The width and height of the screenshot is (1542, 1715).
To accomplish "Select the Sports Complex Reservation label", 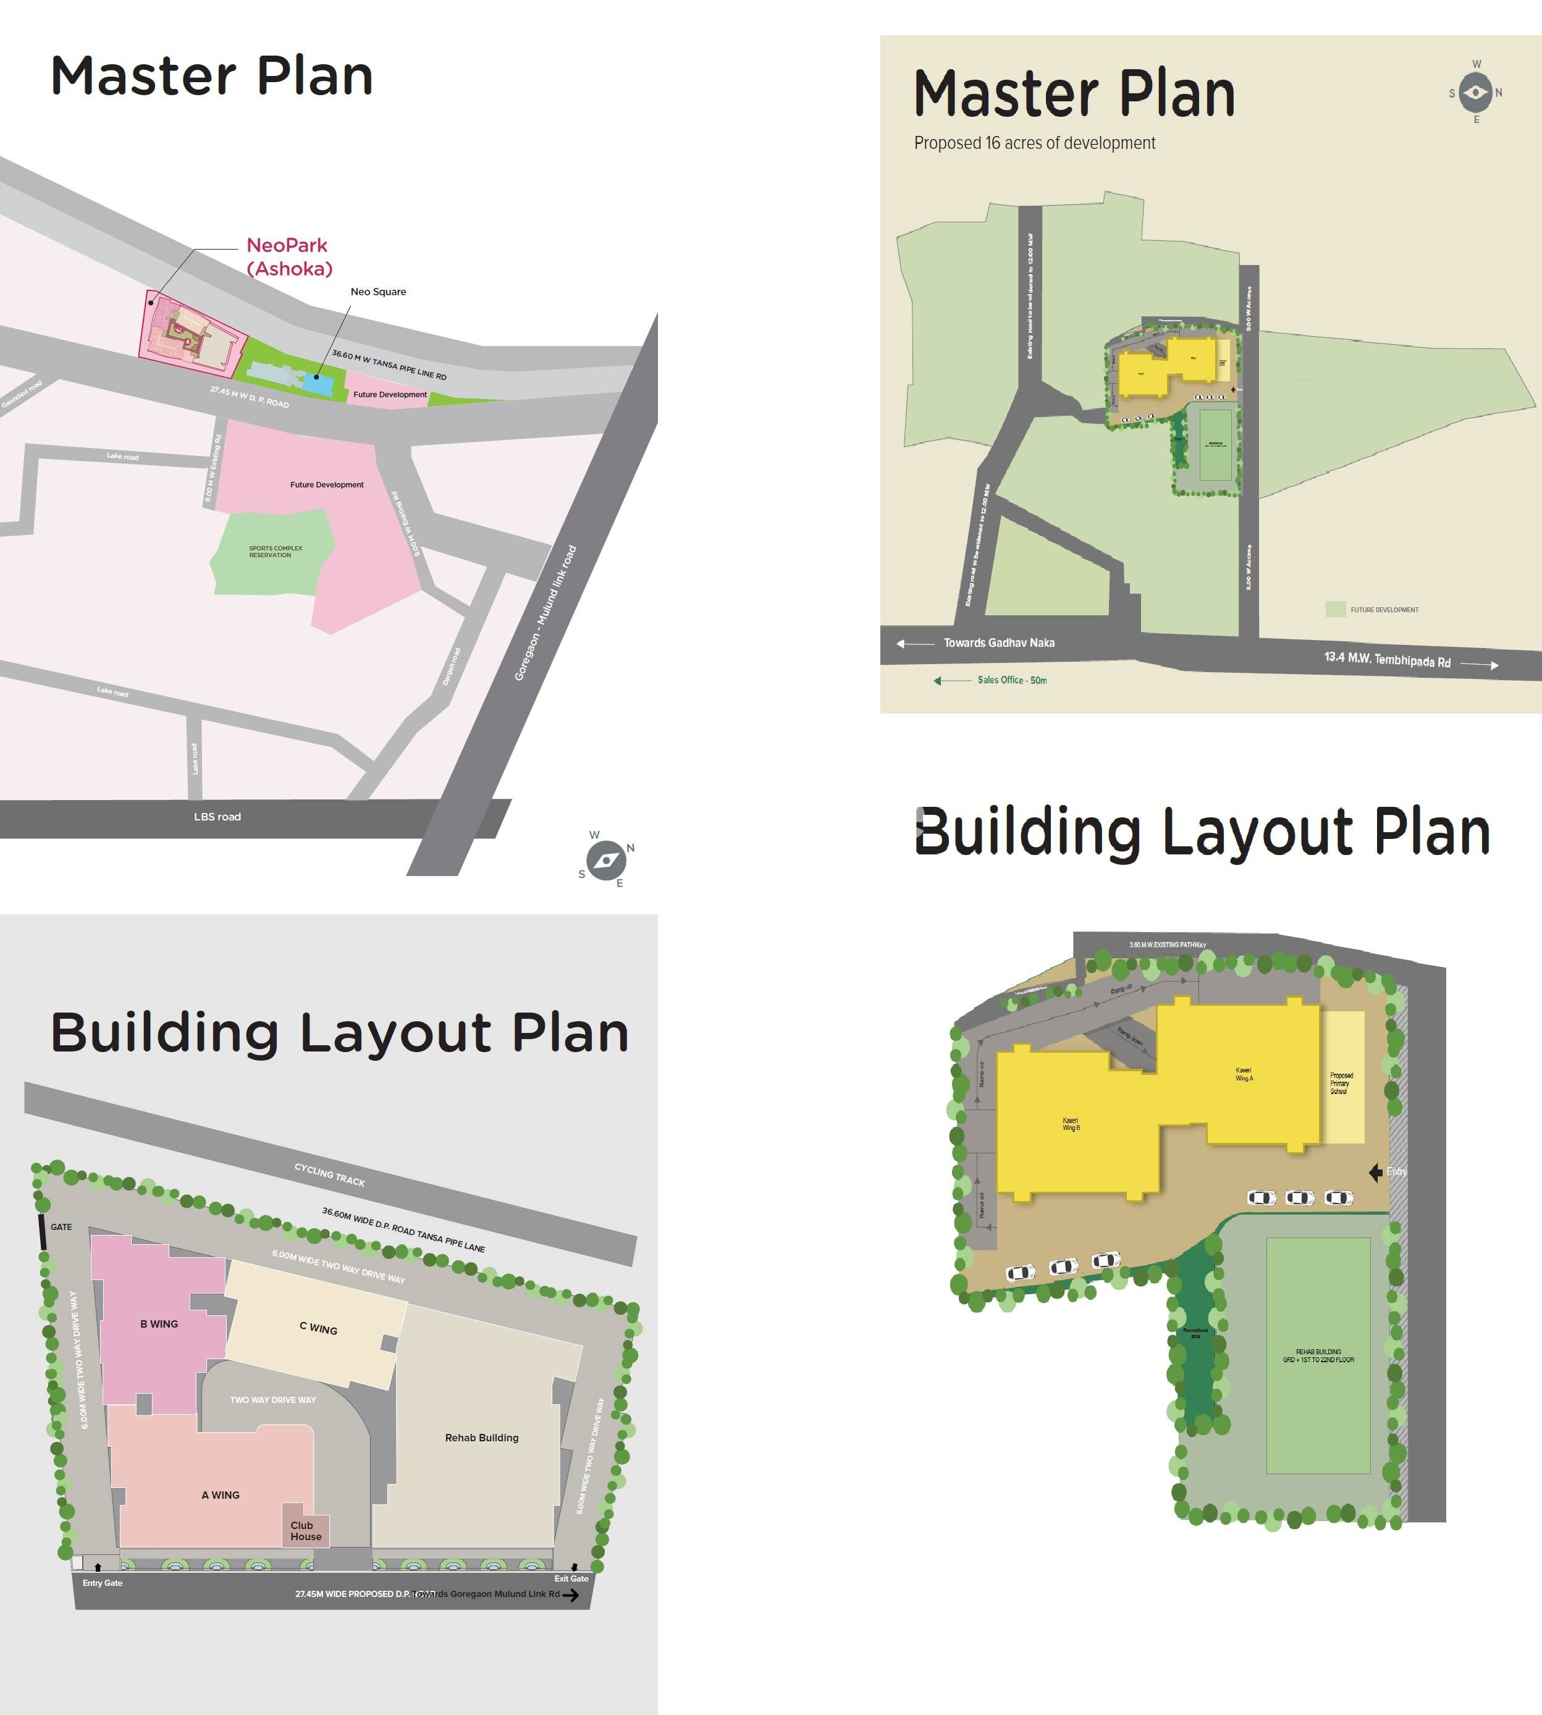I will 276,552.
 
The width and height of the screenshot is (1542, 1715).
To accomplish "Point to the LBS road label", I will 217,817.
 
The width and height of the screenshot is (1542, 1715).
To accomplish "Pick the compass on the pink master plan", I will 607,861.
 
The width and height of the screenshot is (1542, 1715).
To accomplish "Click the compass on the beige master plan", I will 1476,92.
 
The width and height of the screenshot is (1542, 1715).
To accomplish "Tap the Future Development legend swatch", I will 1335,609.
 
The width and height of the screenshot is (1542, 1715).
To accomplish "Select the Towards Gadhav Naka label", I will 999,643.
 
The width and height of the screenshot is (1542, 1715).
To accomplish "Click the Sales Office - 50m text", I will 1011,680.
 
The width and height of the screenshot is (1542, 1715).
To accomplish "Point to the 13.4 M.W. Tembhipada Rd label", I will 1387,660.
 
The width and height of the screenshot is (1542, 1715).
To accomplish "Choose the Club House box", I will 305,1530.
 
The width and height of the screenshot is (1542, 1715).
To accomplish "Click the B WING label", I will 159,1323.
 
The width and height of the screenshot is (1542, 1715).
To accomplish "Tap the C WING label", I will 319,1329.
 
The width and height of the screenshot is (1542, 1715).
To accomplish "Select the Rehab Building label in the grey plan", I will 481,1438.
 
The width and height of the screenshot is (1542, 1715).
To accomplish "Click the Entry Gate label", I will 103,1583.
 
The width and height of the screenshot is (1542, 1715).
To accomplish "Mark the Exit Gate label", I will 571,1578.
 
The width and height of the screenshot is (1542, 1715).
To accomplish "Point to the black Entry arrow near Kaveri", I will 1376,1172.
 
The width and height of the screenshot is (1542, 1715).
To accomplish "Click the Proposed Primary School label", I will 1341,1084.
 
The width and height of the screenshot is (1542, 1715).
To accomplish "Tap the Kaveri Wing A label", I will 1244,1074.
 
